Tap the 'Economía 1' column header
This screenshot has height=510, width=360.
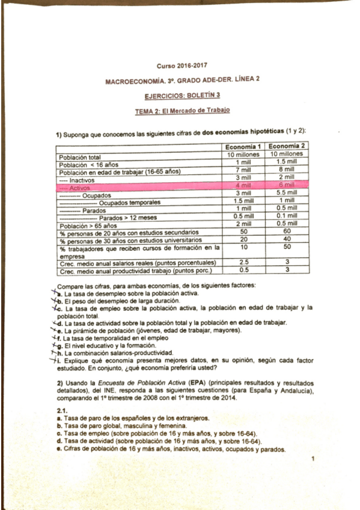pos(242,147)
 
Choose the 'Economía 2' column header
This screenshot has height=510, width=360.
pos(287,147)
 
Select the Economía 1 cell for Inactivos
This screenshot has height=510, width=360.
pos(242,179)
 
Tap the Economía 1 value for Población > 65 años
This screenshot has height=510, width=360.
pos(242,224)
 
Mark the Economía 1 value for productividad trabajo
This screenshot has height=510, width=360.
pos(242,269)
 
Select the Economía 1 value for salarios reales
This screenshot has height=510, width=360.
pos(242,262)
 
